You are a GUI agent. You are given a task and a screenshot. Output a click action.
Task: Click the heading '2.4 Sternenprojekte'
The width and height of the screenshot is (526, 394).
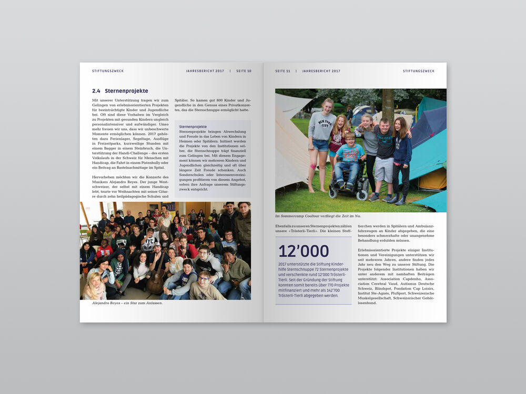click(120, 91)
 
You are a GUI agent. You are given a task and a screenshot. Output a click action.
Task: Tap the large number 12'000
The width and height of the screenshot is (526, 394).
click(304, 251)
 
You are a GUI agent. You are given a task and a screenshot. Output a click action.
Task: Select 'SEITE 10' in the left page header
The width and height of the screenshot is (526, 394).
click(244, 71)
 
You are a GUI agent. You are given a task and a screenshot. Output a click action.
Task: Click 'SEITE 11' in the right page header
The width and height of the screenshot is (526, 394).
click(283, 71)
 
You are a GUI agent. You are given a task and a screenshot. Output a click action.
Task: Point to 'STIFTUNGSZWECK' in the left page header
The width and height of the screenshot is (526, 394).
click(108, 71)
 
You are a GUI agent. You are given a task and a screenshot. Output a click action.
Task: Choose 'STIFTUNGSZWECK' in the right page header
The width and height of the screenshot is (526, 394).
click(419, 71)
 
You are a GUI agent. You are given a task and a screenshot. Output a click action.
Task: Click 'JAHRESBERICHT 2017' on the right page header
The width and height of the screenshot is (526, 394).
click(321, 71)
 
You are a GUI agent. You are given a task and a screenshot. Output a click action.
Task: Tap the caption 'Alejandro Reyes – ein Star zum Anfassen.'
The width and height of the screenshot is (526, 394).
click(127, 303)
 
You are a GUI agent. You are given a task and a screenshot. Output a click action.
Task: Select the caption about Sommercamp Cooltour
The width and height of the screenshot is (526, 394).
click(318, 216)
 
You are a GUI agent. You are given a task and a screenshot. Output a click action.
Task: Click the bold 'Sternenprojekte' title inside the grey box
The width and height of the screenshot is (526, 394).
click(193, 127)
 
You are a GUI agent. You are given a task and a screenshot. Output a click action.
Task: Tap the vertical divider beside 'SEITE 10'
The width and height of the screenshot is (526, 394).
click(230, 71)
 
